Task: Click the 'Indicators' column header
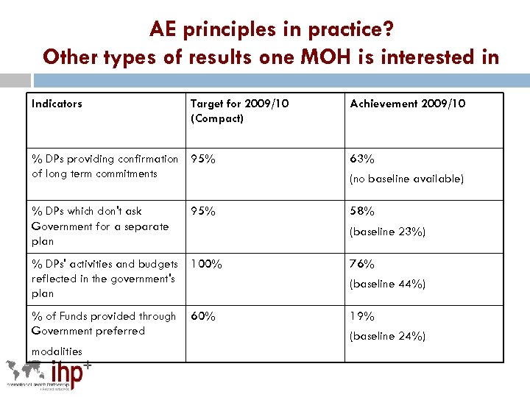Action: coord(57,104)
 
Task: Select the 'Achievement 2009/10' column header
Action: coord(407,104)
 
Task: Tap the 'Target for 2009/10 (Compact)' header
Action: coord(239,111)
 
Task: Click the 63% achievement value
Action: coord(362,159)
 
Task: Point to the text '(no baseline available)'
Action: coord(406,179)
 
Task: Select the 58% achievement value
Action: coord(362,211)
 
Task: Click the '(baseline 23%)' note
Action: coord(387,232)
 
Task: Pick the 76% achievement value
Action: coord(362,263)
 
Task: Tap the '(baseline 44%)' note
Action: coord(387,284)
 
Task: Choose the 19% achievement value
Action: coord(362,316)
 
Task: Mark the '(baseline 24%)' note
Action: coord(387,336)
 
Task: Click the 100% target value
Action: coord(206,263)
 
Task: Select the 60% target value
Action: coord(203,316)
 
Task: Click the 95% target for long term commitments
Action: coord(203,159)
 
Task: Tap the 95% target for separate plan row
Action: coord(203,211)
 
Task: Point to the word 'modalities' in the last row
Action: coord(57,351)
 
